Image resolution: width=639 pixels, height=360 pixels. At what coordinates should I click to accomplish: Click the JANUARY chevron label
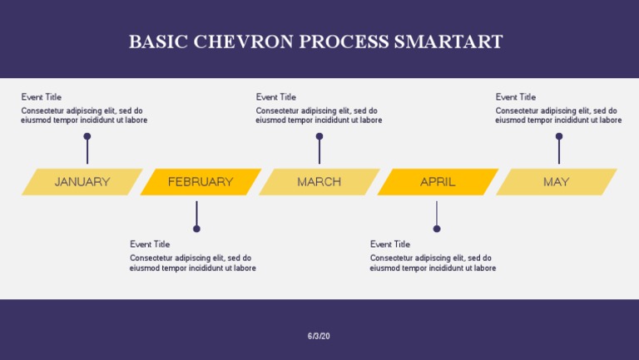[x=82, y=182]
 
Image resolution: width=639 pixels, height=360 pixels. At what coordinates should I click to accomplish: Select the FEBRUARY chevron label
[x=201, y=182]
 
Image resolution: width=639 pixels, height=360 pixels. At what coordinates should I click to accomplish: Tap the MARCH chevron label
[x=319, y=182]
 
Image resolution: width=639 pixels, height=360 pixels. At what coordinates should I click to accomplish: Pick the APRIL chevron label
[x=438, y=182]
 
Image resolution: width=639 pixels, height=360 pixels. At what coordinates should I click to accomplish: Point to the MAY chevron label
[x=556, y=182]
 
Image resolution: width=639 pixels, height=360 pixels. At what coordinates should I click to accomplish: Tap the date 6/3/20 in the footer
[x=319, y=336]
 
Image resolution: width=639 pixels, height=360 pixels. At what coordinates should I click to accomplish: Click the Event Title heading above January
[x=42, y=97]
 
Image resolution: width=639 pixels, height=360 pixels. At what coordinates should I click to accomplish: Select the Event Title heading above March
[x=276, y=97]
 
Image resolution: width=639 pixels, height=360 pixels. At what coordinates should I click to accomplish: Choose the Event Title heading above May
[x=516, y=97]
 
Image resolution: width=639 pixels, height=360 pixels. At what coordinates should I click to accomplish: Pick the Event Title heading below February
[x=150, y=244]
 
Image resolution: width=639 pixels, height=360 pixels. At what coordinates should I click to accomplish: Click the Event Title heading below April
[x=390, y=244]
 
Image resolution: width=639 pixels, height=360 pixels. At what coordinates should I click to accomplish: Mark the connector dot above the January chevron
[x=87, y=136]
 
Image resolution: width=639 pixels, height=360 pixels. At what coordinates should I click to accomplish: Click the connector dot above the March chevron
[x=319, y=136]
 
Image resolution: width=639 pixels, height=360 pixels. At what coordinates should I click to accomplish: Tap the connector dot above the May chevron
[x=559, y=136]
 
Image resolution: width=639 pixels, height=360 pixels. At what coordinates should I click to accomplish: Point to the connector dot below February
[x=196, y=229]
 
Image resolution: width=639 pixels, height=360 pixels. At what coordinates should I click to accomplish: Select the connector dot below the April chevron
[x=437, y=229]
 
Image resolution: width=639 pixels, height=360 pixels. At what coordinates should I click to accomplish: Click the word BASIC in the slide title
[x=158, y=42]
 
